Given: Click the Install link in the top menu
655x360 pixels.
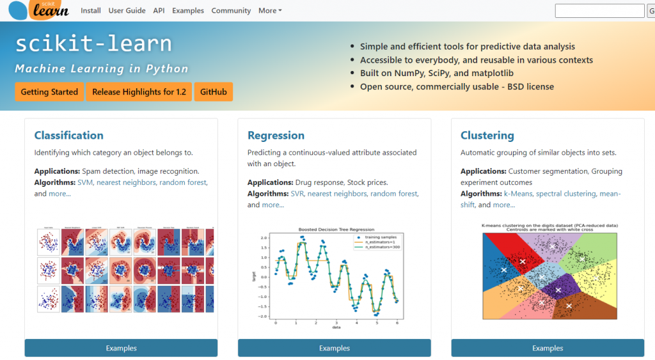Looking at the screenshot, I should pos(91,11).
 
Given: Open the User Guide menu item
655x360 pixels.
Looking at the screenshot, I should pos(127,11).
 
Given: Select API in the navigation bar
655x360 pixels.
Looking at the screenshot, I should pos(159,11).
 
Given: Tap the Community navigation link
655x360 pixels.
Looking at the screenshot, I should pos(231,11).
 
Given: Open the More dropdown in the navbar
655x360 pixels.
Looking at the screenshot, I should pos(270,11).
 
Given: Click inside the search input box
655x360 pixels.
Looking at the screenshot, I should pos(599,11).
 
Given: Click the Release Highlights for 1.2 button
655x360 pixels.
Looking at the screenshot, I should pos(139,92).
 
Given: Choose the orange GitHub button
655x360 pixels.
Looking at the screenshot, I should pos(213,92).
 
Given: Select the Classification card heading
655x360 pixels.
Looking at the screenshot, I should pos(68,136).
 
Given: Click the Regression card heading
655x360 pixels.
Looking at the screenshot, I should pos(276,136).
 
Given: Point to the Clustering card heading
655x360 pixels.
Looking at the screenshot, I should pos(487,136).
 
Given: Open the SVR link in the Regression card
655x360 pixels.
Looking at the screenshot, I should pos(298,194).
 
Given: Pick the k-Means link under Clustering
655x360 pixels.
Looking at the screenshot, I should pos(518,194).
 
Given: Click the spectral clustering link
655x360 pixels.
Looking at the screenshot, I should pos(565,194).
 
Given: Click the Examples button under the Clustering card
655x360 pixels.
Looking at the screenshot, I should pos(548,348).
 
